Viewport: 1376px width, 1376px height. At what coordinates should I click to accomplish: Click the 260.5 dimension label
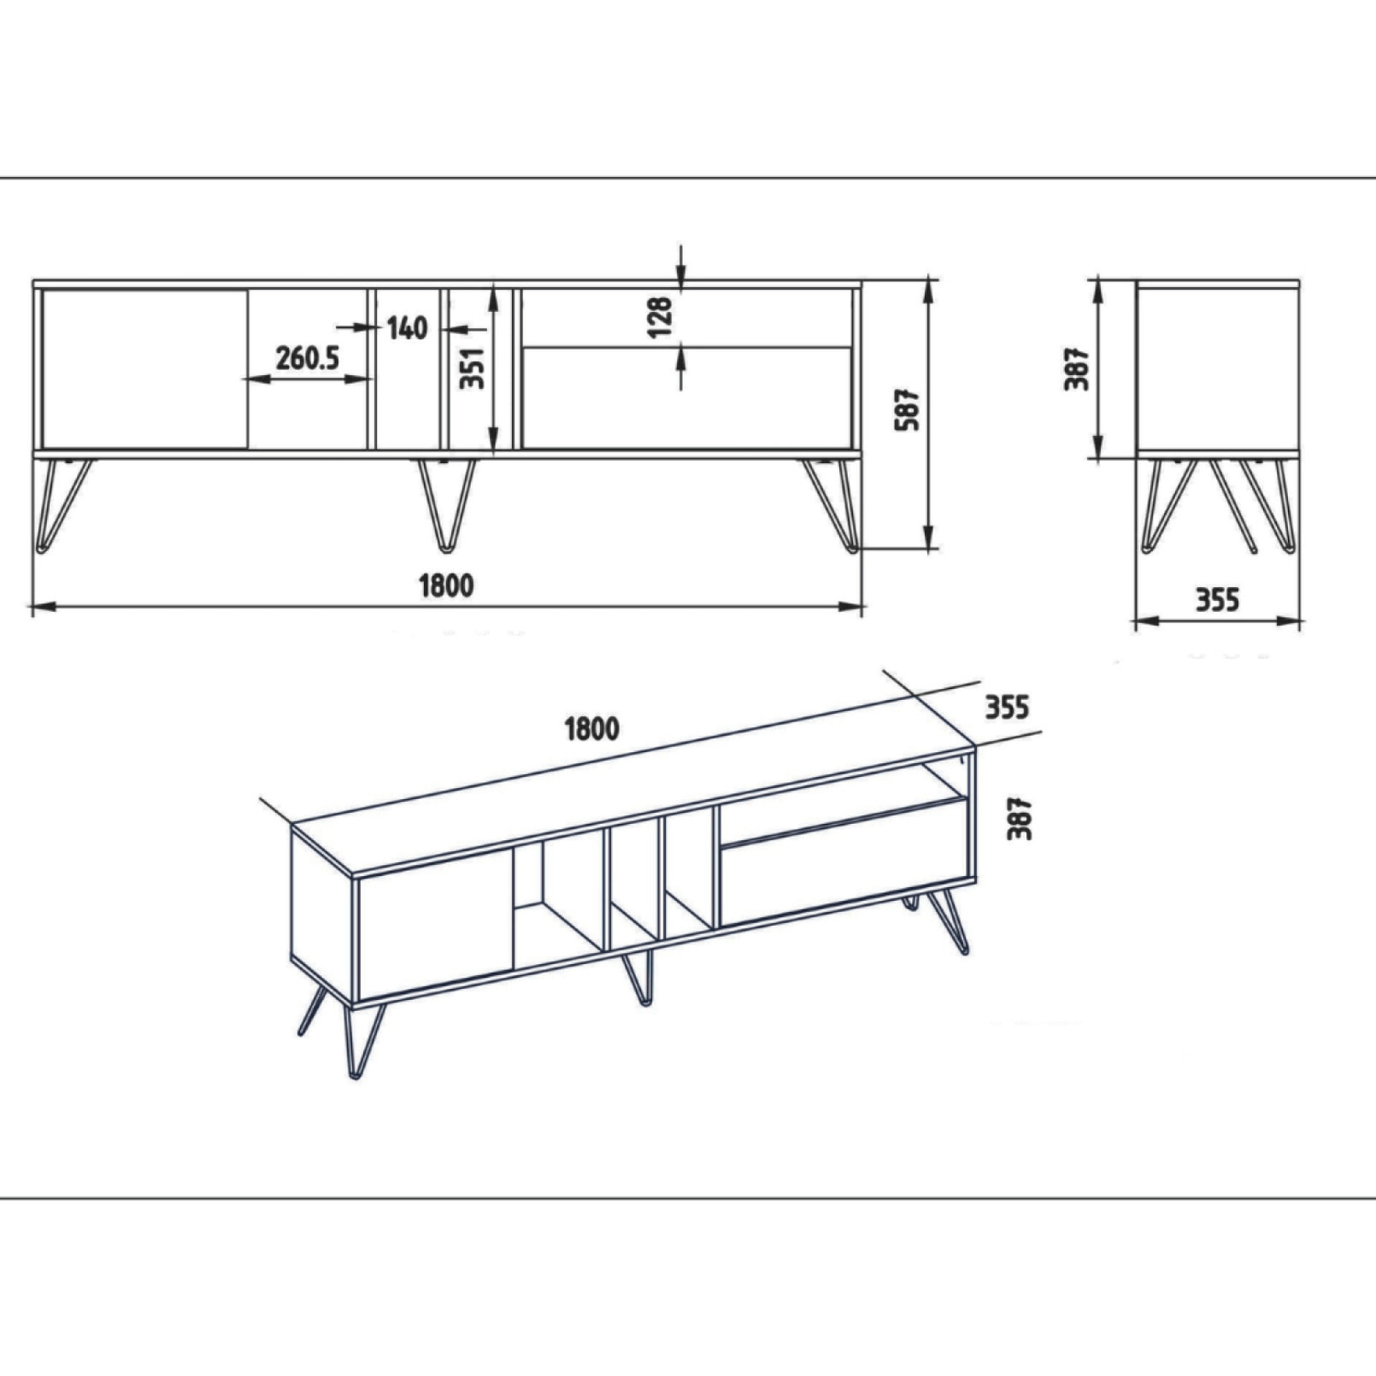tap(307, 358)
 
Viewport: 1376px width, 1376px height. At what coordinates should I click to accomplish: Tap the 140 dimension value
tap(407, 327)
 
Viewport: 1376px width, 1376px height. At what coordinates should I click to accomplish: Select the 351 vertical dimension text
tap(472, 368)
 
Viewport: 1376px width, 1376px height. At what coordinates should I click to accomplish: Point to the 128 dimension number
tap(661, 316)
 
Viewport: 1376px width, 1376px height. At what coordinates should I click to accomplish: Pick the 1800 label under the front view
tap(446, 586)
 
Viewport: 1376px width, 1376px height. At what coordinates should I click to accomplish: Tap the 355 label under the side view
tap(1217, 600)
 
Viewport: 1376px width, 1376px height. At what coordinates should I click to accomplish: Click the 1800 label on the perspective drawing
tap(591, 729)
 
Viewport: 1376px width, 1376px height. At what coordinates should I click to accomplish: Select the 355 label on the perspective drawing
tap(1007, 708)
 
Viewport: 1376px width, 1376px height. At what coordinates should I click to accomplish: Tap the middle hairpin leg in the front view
tap(447, 504)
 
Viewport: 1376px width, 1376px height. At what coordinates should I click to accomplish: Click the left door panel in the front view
tap(144, 368)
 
